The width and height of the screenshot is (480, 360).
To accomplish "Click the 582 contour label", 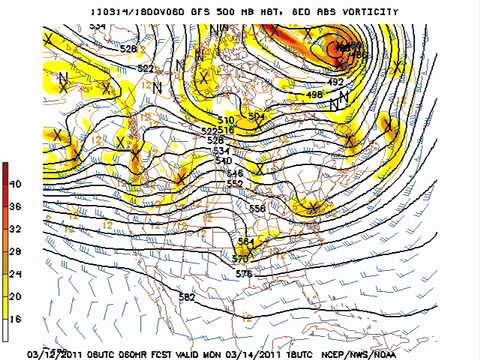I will click(x=187, y=297).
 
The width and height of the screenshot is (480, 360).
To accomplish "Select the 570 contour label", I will click(x=241, y=258).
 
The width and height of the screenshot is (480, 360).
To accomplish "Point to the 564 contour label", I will click(x=246, y=242).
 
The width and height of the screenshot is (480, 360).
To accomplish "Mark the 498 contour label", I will click(x=315, y=95).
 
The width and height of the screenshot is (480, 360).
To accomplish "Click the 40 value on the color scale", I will click(x=16, y=184).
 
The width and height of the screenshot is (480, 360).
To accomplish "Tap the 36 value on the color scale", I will click(x=16, y=207).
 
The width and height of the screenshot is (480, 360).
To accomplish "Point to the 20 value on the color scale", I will click(x=16, y=296).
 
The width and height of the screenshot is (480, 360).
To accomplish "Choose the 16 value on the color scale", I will click(x=16, y=318).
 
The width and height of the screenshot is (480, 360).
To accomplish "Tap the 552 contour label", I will click(x=235, y=184).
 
